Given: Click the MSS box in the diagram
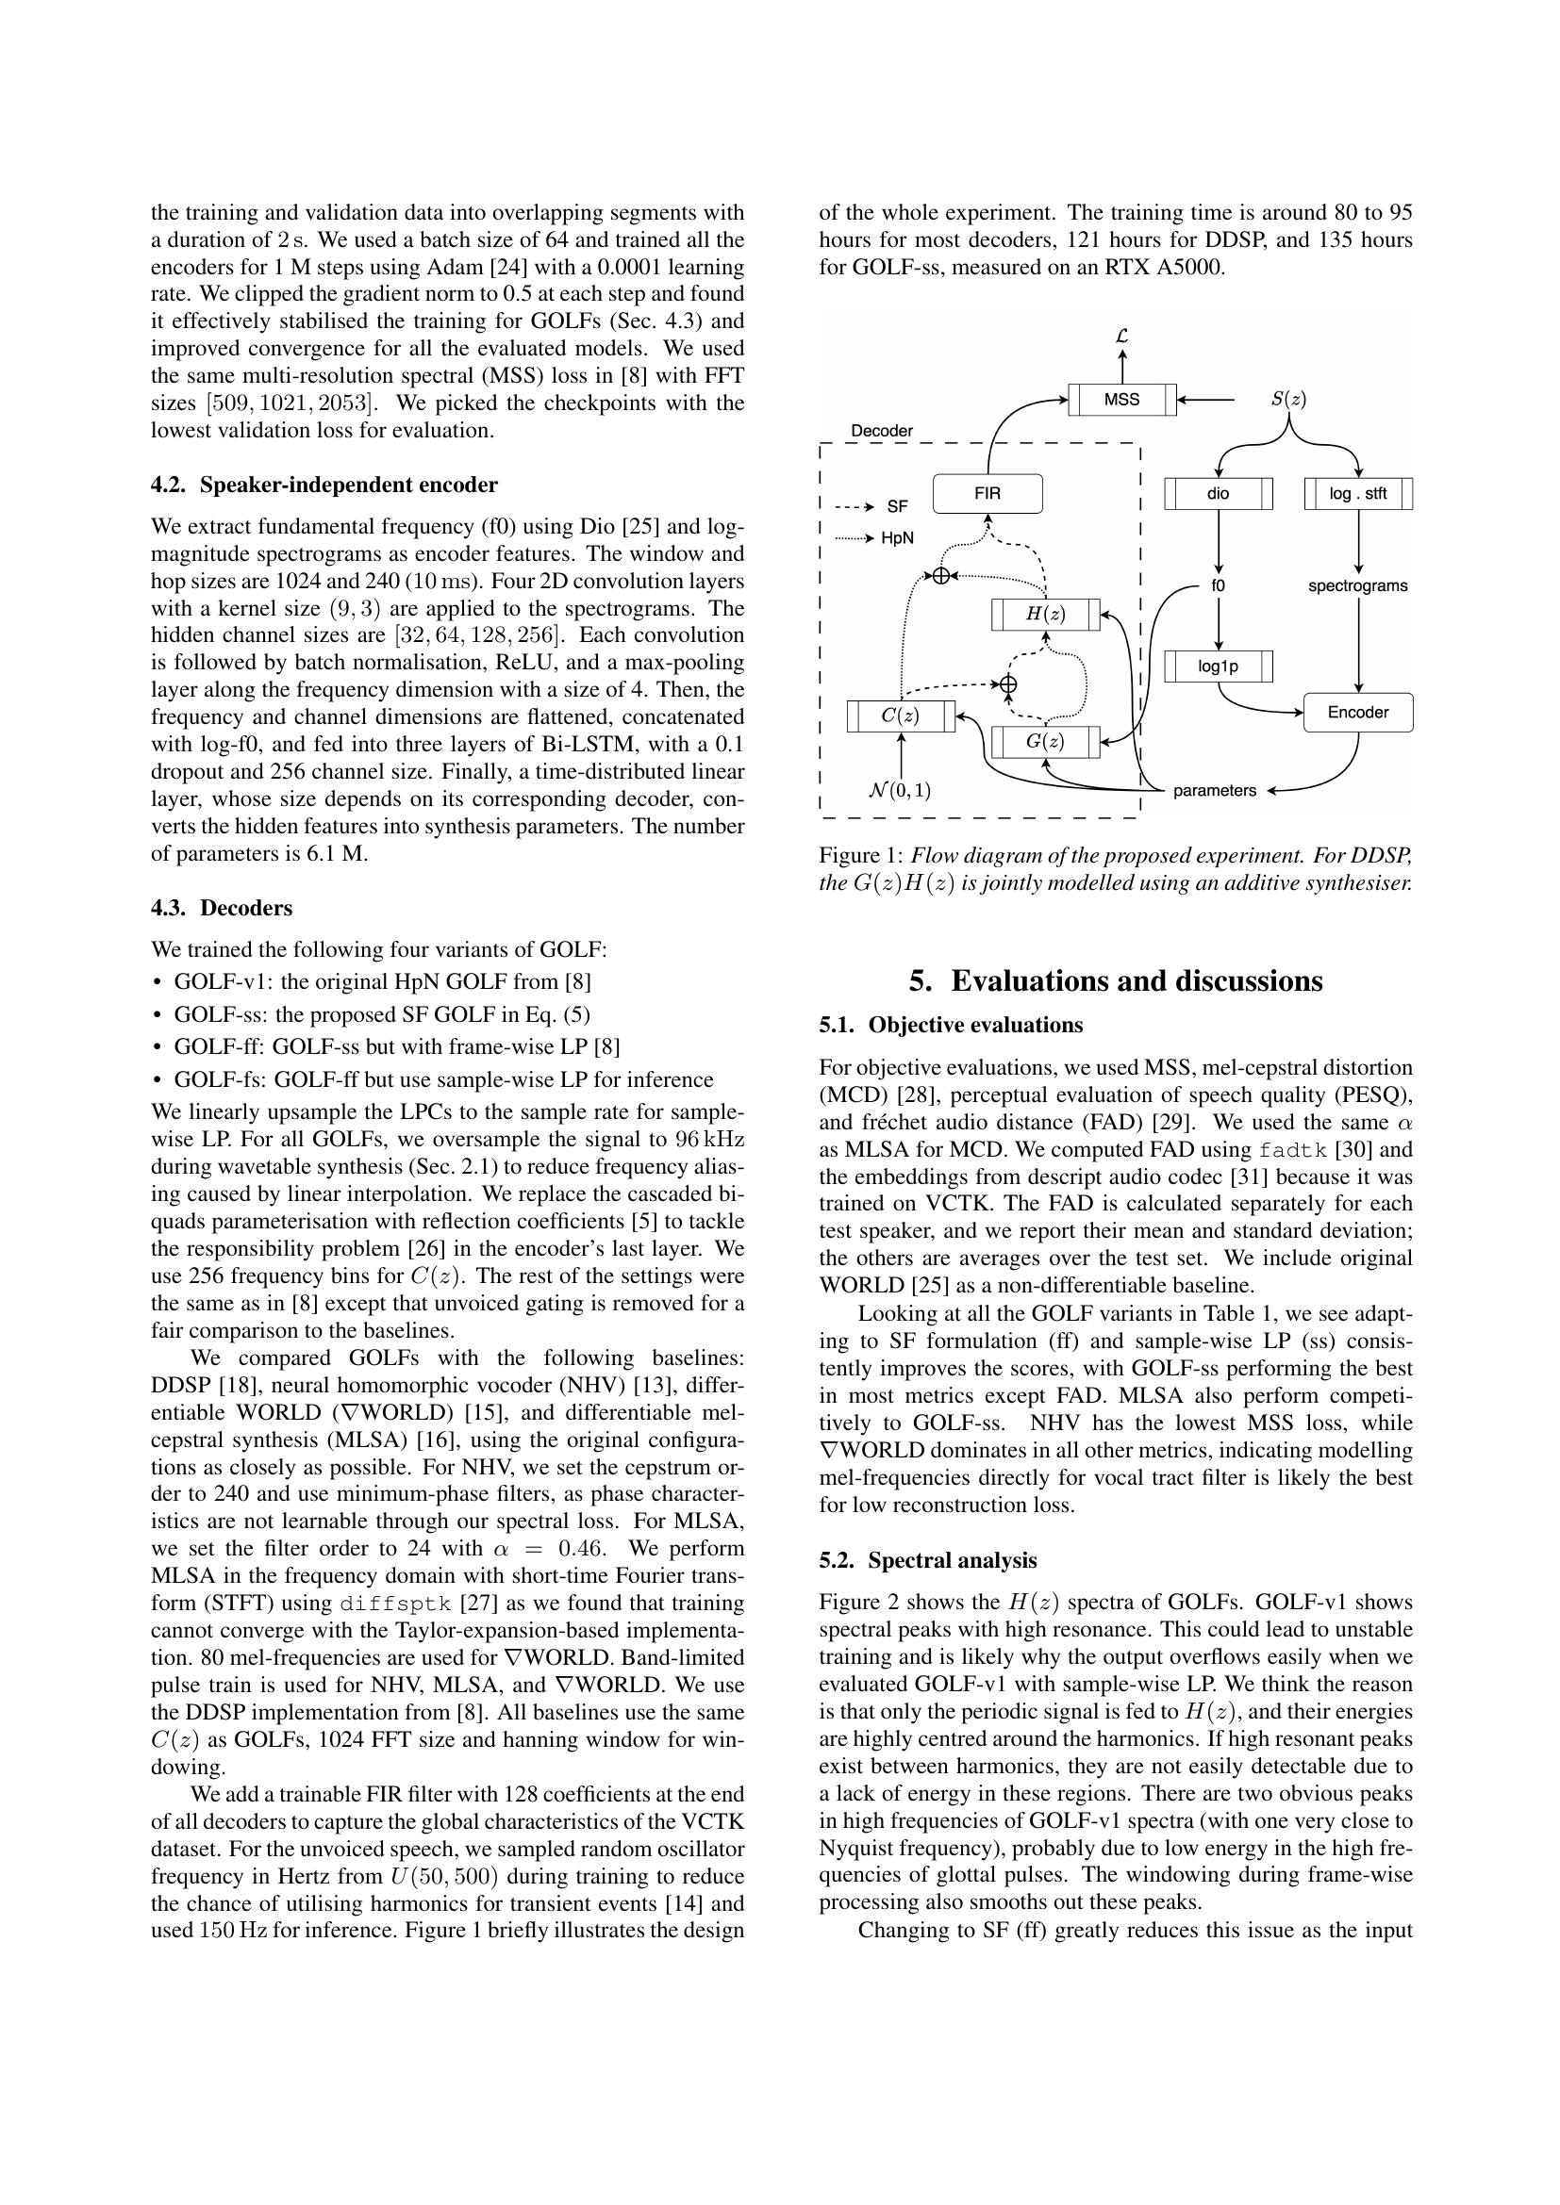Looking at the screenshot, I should tap(1121, 400).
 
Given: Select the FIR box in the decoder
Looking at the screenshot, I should tap(987, 494).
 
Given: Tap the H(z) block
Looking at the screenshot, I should tap(1045, 614).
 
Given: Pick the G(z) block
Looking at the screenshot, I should tap(1045, 741).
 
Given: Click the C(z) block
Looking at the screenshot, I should tap(900, 716).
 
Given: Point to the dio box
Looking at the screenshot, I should tap(1218, 494).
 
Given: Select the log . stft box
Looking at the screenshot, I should tap(1357, 494).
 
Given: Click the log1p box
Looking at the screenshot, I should tap(1218, 666).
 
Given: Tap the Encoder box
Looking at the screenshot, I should tap(1357, 713).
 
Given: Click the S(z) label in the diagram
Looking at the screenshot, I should tap(1288, 399).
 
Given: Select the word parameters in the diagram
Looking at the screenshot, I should tap(1214, 791).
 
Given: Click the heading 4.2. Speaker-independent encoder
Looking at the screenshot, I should tap(324, 485).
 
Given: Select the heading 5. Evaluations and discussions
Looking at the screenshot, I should tap(1115, 980).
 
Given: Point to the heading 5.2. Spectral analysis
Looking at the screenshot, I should tap(928, 1560).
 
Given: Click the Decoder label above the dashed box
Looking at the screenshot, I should tap(881, 431).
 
